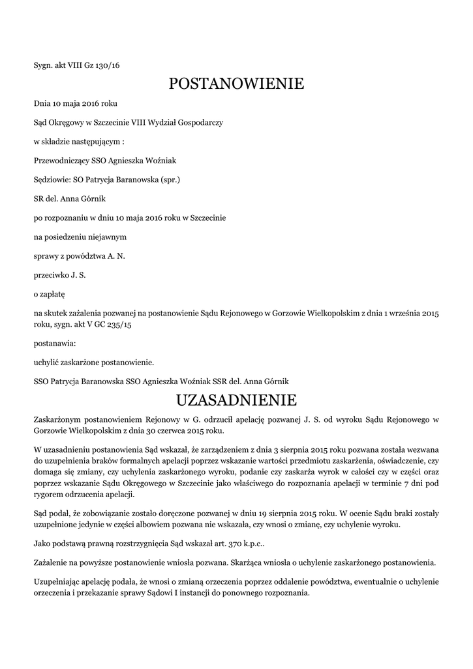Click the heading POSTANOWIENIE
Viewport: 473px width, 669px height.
point(236,84)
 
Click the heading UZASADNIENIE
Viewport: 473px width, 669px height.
point(236,399)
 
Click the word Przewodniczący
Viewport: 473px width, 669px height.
point(61,160)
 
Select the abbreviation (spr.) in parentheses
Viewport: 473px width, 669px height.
point(167,179)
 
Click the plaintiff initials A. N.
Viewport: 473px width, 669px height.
point(116,256)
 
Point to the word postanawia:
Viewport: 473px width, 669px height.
point(55,342)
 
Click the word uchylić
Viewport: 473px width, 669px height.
point(46,361)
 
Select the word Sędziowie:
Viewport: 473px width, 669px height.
point(52,179)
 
